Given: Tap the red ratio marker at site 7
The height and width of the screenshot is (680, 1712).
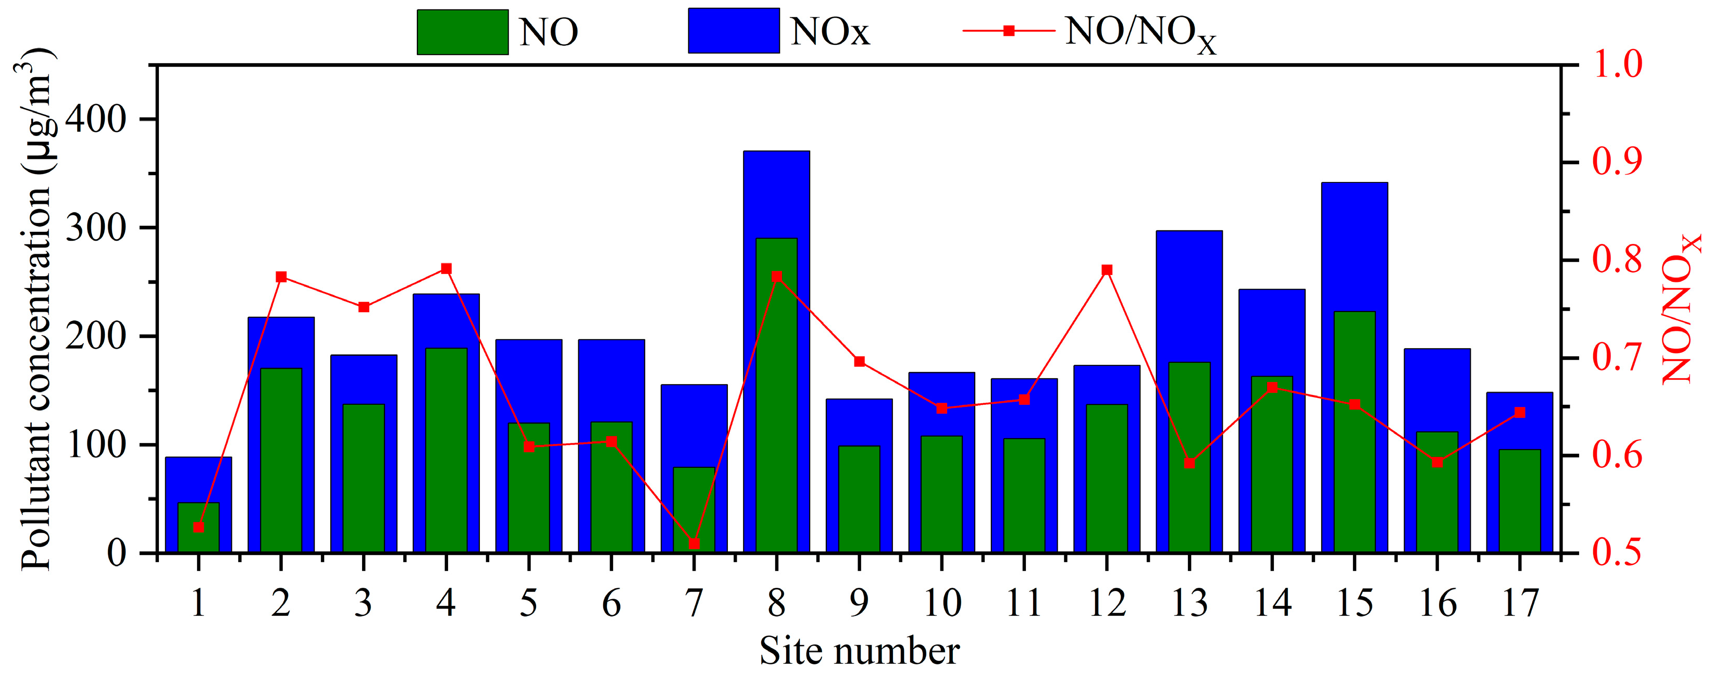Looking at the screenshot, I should (x=694, y=543).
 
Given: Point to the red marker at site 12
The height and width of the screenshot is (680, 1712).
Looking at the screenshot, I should (x=1107, y=270).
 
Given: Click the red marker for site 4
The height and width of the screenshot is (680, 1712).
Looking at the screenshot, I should (x=446, y=268).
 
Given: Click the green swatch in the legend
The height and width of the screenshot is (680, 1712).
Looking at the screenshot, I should (x=463, y=31).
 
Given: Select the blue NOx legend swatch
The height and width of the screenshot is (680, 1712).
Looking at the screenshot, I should (x=734, y=31).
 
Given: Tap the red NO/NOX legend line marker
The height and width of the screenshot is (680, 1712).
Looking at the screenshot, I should (x=1009, y=31).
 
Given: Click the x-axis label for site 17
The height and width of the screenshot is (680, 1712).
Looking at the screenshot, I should (x=1520, y=603).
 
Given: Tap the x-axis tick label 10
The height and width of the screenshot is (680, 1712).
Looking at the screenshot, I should (x=942, y=603).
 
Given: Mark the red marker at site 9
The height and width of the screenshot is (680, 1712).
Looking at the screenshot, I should (x=859, y=362).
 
